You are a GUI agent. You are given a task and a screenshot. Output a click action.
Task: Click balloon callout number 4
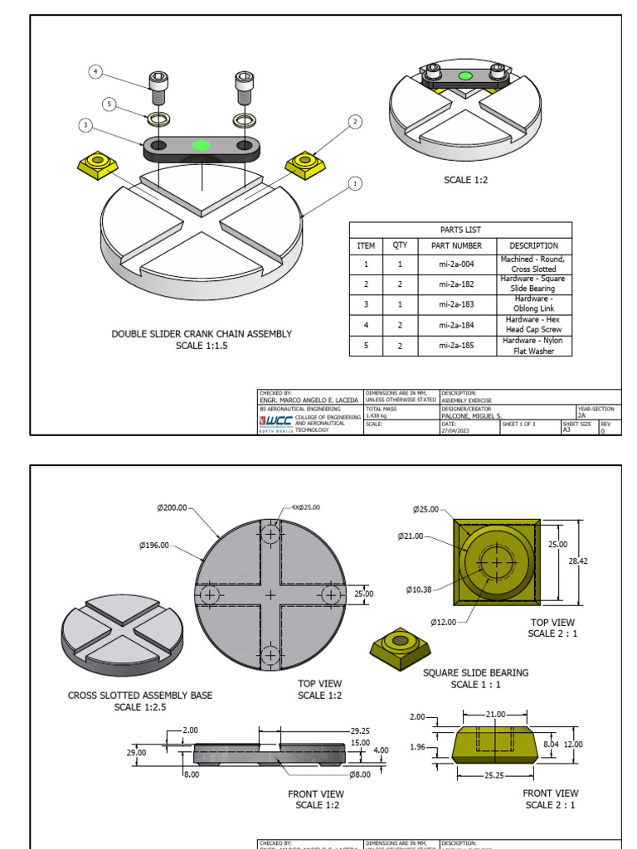[x=95, y=72]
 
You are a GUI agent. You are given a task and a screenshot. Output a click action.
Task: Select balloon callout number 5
[x=109, y=104]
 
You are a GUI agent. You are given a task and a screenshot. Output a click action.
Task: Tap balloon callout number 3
[x=85, y=125]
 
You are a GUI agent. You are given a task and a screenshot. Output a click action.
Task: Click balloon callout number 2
[x=355, y=122]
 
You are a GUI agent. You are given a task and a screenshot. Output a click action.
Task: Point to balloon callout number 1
[x=355, y=183]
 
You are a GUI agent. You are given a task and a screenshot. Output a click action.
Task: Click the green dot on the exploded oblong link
[x=200, y=145]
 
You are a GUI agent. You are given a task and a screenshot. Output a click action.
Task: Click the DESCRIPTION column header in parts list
[x=533, y=245]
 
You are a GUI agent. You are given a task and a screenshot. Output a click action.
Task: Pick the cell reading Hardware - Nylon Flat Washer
[x=533, y=346]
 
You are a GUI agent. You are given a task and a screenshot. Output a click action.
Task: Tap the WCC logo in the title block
[x=276, y=420]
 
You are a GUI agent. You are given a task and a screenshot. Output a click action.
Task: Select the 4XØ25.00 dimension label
[x=305, y=507]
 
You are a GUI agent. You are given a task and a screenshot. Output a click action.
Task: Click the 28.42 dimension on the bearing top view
[x=578, y=561]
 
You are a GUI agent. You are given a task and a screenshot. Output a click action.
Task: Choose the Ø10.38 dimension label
[x=421, y=589]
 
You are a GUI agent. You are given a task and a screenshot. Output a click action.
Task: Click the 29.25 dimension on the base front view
[x=360, y=730]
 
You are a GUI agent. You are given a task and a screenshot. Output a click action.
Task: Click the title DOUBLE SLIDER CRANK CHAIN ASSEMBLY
[x=202, y=334]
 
